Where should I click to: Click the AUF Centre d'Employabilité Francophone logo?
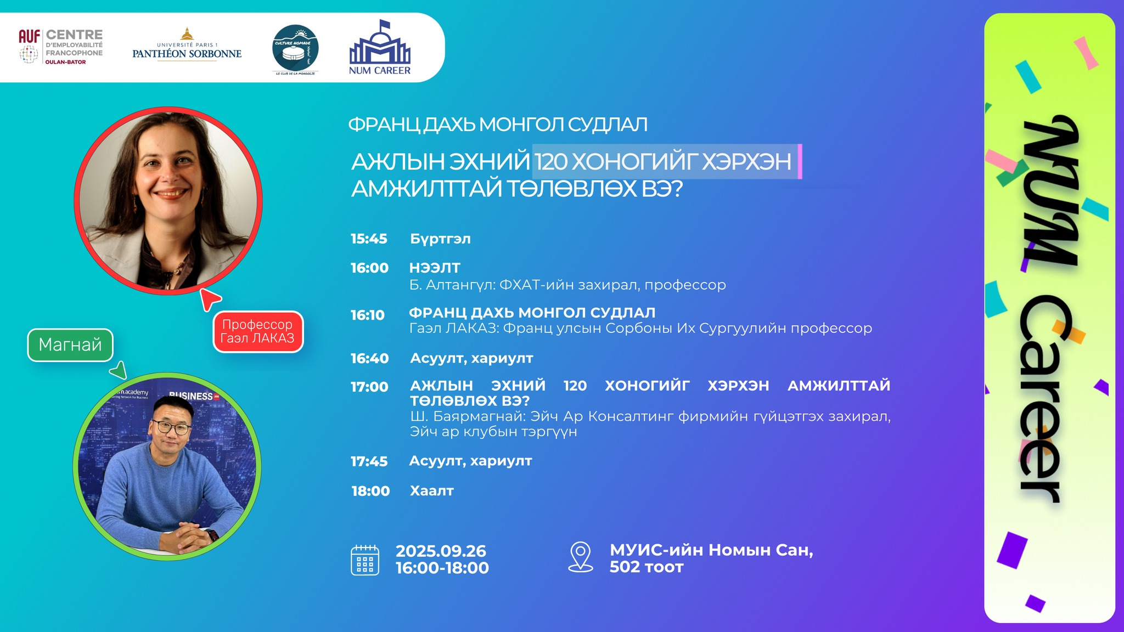60,47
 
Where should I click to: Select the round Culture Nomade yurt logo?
296,50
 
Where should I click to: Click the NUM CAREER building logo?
380,48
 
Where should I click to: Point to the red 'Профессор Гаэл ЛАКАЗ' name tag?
258,331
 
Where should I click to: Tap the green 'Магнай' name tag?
70,345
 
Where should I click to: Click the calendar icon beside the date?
365,560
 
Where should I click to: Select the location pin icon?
581,557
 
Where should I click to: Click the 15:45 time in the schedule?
369,239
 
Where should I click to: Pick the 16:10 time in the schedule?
368,315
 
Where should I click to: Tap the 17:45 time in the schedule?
369,461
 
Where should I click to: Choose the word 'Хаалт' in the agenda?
432,490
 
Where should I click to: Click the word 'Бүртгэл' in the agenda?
441,239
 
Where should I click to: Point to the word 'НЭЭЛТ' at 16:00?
435,268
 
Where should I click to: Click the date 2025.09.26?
441,551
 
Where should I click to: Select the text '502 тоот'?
647,567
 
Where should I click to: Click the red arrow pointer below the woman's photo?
209,298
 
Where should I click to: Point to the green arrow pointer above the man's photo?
119,370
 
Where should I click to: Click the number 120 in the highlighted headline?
551,162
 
